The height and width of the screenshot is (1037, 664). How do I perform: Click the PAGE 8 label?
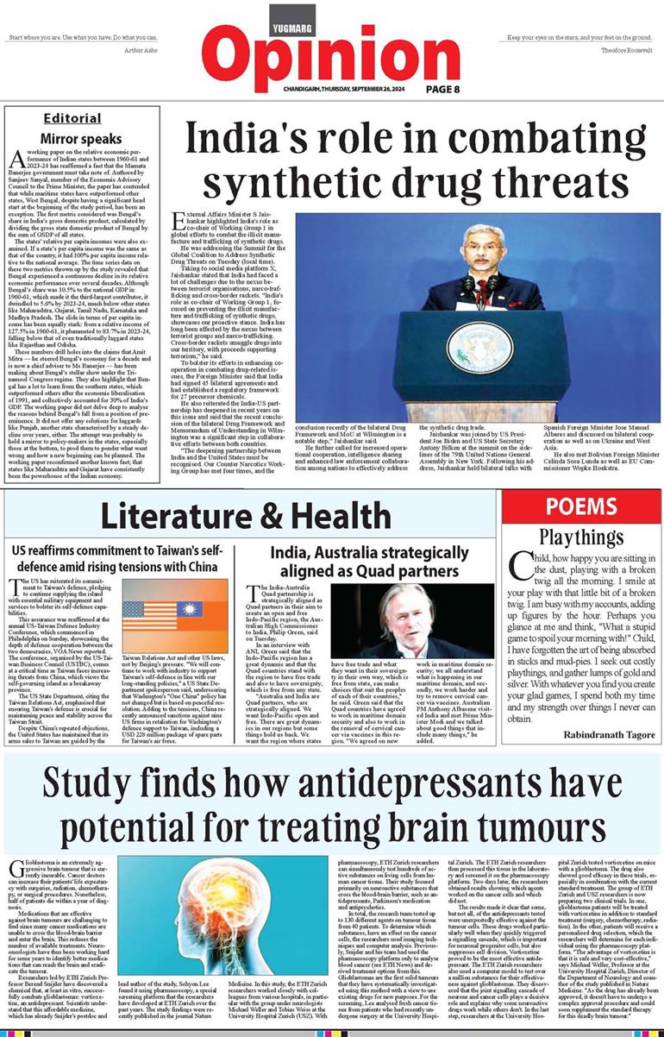pyautogui.click(x=448, y=89)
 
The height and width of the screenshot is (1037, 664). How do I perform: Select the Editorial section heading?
pyautogui.click(x=72, y=118)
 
